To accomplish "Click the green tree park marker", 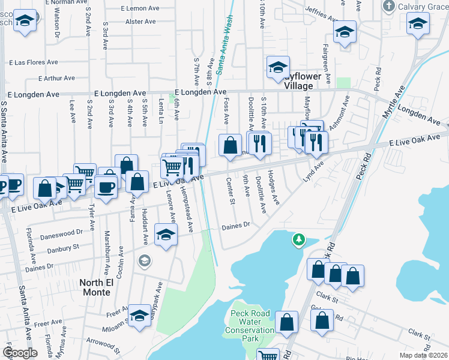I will pos(298,241).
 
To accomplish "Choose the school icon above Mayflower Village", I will pos(278,68).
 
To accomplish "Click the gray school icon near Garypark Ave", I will pos(143,260).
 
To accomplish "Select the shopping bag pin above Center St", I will pos(230,145).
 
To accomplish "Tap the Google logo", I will pos(20,353).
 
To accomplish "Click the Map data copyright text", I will pos(423,355).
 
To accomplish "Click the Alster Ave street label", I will pos(140,22).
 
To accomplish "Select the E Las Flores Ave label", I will pos(34,62).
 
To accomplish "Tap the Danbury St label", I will pos(59,247).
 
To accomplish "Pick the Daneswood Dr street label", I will pos(61,232).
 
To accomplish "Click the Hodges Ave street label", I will pos(274,187).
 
